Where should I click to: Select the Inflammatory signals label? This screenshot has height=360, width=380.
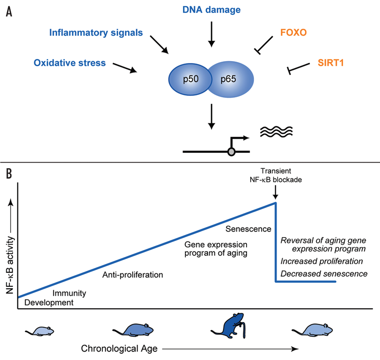(95, 33)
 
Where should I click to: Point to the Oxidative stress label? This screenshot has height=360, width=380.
(70, 63)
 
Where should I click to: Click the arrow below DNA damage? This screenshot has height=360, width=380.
(211, 35)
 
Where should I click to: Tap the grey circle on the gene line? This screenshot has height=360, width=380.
(231, 151)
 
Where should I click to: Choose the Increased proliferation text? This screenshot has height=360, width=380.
(322, 261)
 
